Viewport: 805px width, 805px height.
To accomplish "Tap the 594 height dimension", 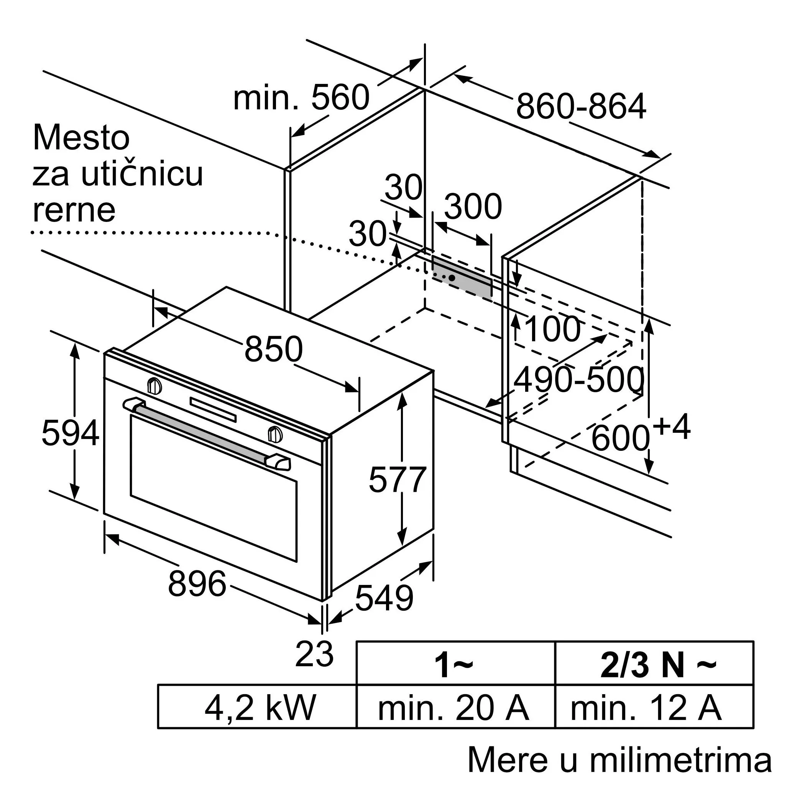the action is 70,433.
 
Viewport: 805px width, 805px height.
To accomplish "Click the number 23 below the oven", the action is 314,654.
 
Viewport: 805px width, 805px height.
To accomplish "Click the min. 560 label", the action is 301,97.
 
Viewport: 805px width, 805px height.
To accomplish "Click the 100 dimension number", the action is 552,329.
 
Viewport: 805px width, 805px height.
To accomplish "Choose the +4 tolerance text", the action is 671,427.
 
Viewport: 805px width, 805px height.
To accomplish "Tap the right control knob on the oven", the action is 274,434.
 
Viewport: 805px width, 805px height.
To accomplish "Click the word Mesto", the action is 81,138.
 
